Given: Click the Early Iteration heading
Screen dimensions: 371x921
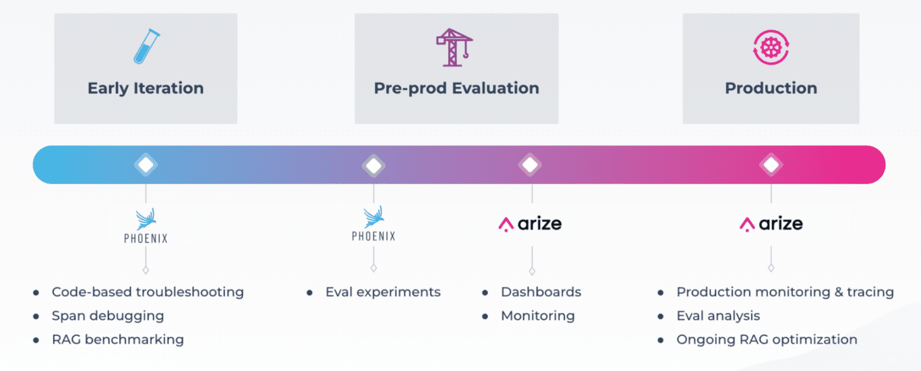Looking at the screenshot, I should pos(146,88).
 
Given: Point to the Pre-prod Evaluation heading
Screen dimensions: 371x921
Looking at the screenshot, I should pos(456,88).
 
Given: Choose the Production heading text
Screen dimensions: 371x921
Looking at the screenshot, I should pos(771,88).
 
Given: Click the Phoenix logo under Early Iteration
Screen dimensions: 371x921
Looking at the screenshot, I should pos(146,226).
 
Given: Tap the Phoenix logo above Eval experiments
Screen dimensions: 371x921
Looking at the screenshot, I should pos(374,224).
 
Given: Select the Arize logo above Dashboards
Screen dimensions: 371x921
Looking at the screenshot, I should pos(530,224).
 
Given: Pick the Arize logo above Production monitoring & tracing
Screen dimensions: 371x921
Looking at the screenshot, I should pos(771,224).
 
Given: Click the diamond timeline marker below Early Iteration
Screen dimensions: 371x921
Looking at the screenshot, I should pos(146,165).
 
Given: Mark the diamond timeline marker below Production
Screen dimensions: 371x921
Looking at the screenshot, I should pos(771,165).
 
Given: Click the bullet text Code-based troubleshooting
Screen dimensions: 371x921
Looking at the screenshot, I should pos(148,292).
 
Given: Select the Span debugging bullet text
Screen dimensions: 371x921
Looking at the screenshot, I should pos(108,316).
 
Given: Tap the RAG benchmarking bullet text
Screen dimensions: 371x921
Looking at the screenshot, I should pos(118,339).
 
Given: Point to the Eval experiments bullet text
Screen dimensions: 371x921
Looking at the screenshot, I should pos(383,292).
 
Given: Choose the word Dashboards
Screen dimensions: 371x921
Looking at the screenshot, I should pos(541,292).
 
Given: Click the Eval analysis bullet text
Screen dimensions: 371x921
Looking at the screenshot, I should pos(718,316).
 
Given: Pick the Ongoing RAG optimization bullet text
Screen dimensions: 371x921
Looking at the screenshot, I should pos(767,339).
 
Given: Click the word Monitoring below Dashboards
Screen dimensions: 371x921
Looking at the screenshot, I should pos(537,316).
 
